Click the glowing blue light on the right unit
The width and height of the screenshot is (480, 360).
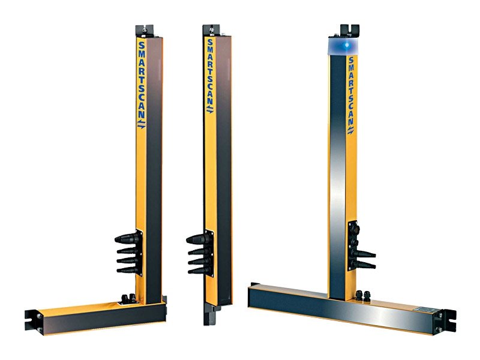coord(347,46)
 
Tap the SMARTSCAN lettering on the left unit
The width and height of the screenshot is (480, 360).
coord(142,80)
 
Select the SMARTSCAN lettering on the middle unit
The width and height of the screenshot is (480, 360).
coord(211,71)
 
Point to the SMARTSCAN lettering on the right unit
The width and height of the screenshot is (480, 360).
coord(351,91)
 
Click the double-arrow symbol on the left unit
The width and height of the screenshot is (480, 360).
coord(141,124)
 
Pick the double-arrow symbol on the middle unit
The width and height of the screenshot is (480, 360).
coord(210,110)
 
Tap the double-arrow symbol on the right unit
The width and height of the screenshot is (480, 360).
coord(351,130)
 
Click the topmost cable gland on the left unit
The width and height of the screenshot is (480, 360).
coord(127,238)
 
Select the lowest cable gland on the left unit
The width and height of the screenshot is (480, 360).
coord(128,269)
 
